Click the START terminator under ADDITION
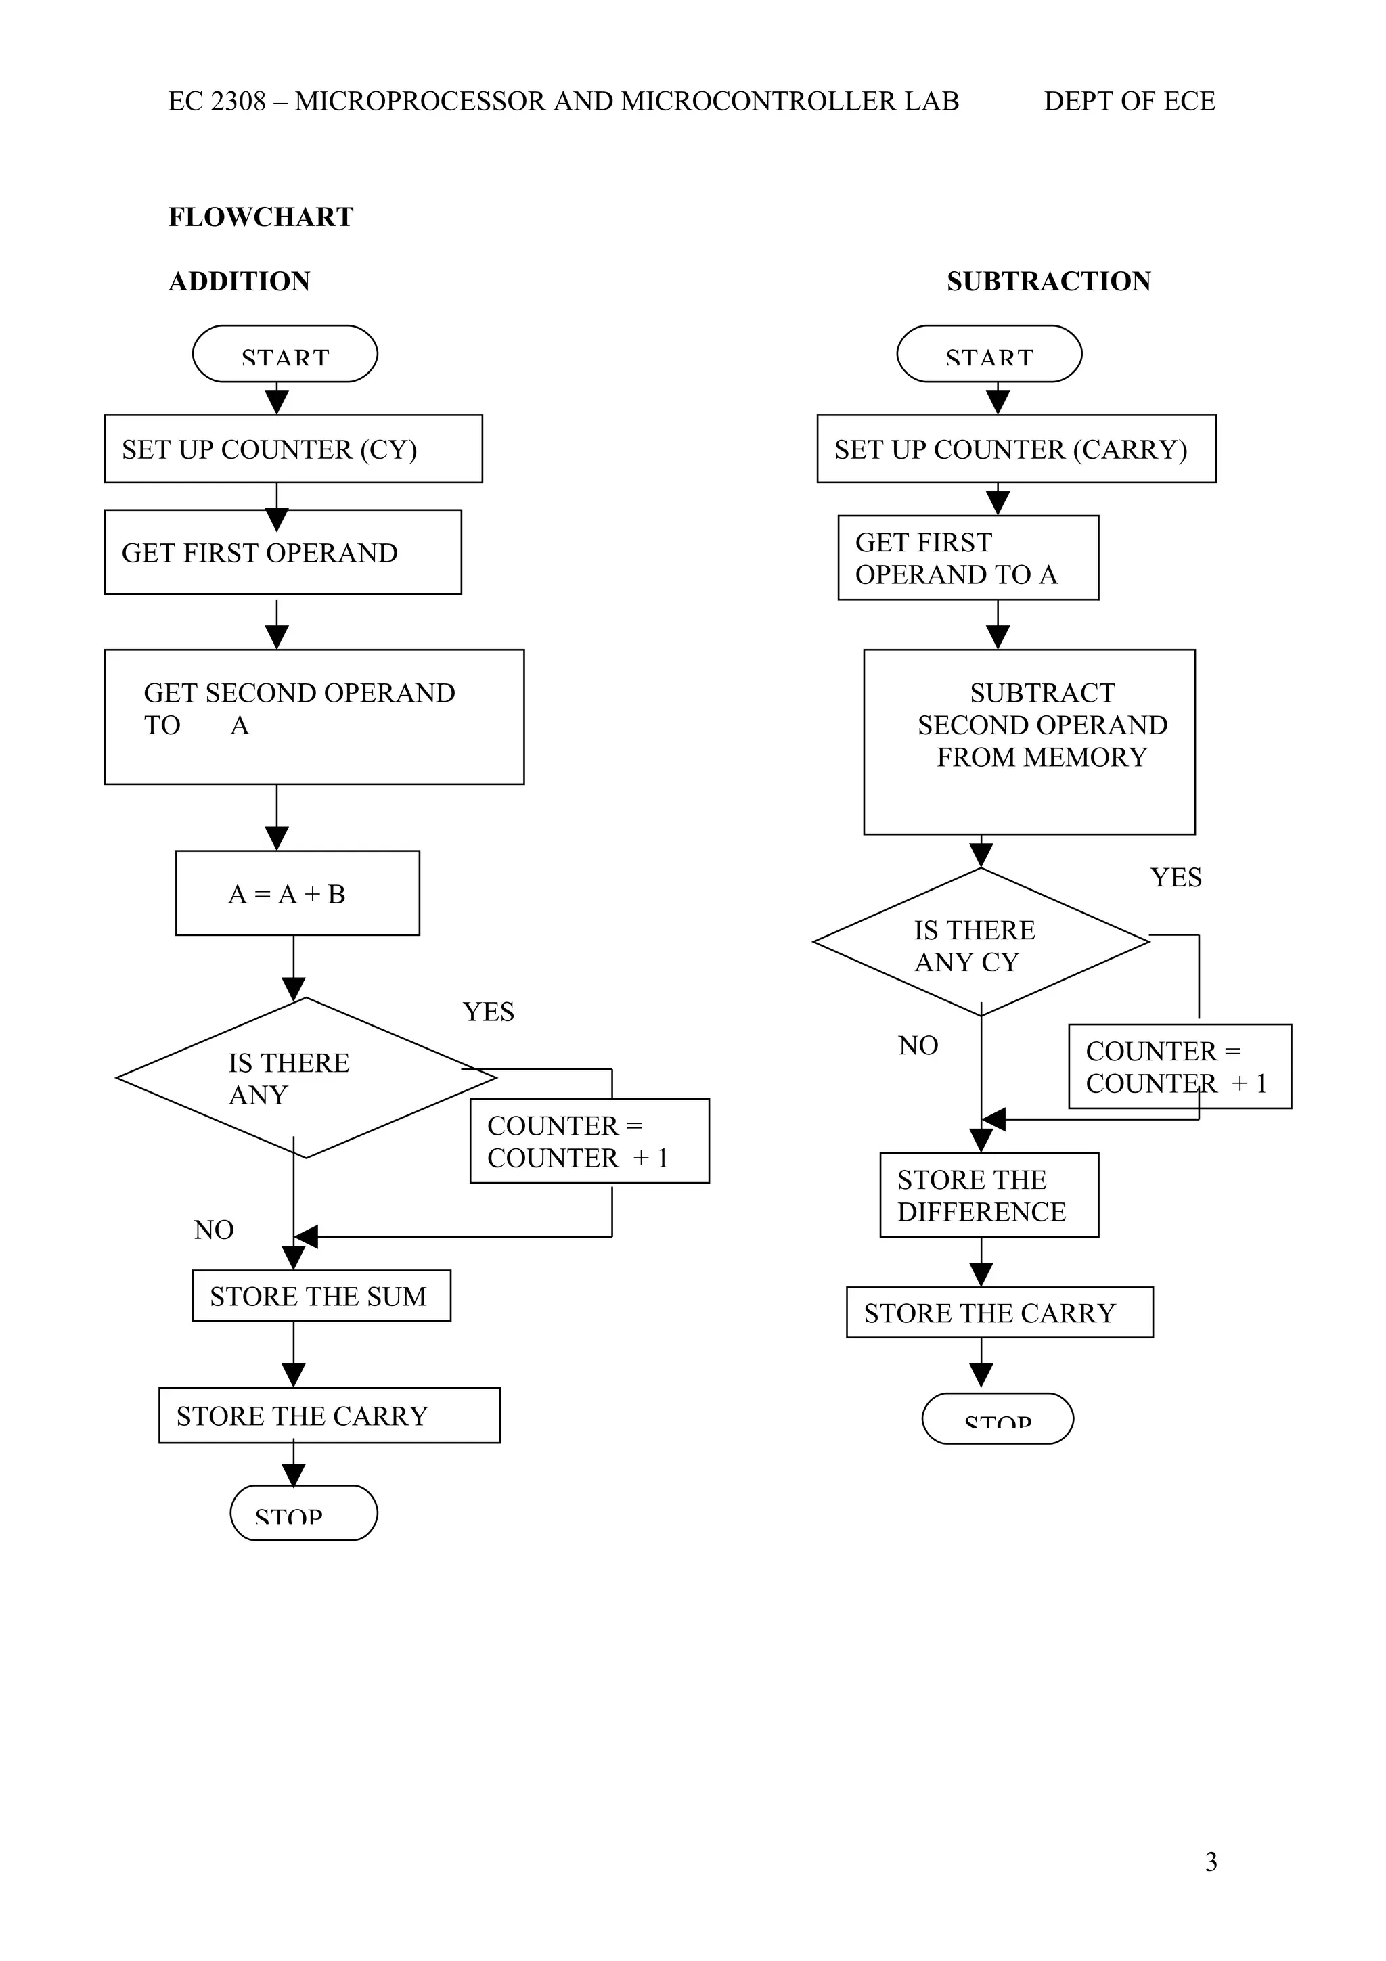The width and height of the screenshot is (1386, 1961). (x=284, y=354)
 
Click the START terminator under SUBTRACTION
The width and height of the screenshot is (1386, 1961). (x=989, y=354)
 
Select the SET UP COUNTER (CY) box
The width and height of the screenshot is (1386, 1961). (x=293, y=449)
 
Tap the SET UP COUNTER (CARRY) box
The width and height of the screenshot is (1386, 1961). (x=1016, y=449)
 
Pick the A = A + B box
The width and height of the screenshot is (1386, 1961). (x=297, y=893)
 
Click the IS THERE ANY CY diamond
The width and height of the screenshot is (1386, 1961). (x=981, y=943)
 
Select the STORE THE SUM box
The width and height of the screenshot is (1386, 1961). (x=321, y=1297)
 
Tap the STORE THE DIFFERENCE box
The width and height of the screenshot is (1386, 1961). (x=989, y=1195)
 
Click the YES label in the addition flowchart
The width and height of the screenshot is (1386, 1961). (x=489, y=1012)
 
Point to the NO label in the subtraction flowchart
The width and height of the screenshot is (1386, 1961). (x=918, y=1045)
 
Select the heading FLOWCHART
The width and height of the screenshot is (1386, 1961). (x=261, y=217)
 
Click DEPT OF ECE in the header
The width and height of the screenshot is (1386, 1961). (x=1129, y=102)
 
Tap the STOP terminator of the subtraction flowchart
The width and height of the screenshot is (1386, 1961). (x=998, y=1419)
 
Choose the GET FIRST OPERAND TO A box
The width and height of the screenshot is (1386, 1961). (x=968, y=558)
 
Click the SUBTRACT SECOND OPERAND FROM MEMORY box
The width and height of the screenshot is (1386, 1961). (x=1029, y=742)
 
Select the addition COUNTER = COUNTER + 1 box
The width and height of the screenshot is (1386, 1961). (x=589, y=1141)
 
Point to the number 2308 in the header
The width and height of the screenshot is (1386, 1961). (x=238, y=102)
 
